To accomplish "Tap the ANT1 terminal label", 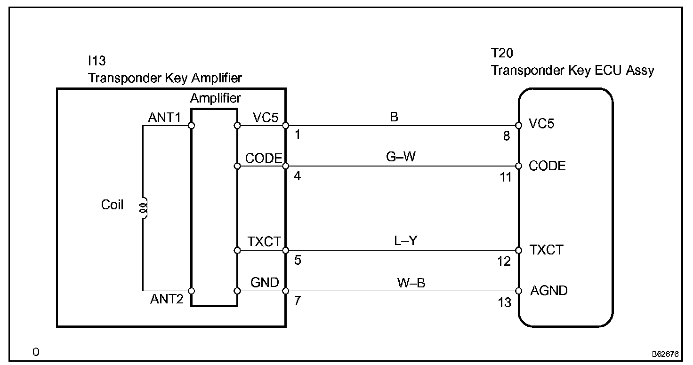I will coord(164,118).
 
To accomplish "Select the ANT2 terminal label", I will coord(167,299).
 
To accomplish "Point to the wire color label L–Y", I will coord(406,241).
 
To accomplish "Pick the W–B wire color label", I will coord(411,283).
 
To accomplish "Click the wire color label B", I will coord(394,117).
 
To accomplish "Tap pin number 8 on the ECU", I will coord(507,136).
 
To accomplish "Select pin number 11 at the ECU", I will coord(505,177).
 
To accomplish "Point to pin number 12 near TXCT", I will coord(504,261).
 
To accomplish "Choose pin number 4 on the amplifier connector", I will coord(298,176).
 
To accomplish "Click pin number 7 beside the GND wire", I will coord(298,301).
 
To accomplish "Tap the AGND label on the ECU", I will coord(548,291).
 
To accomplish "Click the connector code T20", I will coord(502,54).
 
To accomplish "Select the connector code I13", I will coord(97,61).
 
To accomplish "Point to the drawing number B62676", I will coord(665,353).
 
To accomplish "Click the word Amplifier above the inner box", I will coord(215,98).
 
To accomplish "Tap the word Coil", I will coord(113,205).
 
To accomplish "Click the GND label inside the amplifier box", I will coord(265,282).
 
